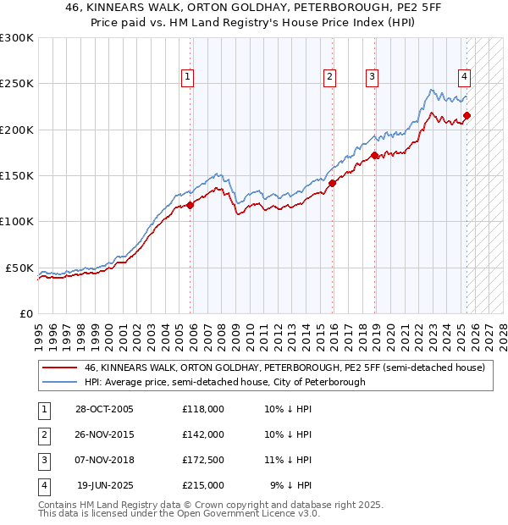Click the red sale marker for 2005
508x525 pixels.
coord(190,204)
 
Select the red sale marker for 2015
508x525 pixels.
coord(332,182)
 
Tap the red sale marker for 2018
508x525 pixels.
coord(373,155)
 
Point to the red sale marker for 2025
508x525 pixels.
coord(467,116)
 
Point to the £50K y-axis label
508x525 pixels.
coord(20,268)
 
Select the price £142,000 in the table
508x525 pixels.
coord(202,434)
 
